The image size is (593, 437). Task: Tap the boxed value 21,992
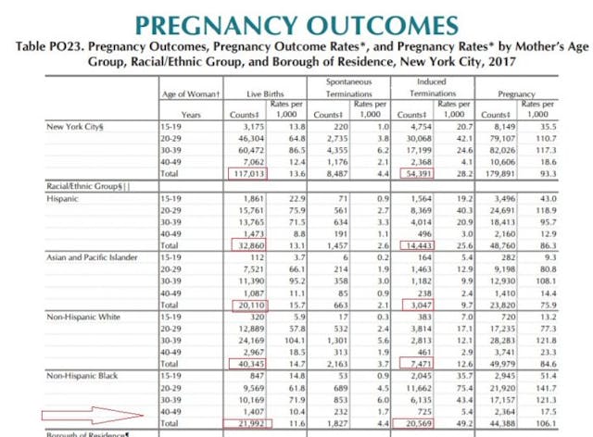coord(253,422)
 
